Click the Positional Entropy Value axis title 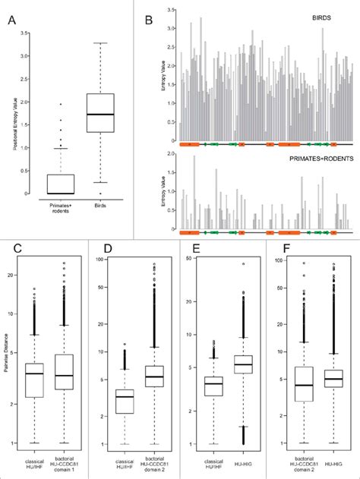click(15, 114)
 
